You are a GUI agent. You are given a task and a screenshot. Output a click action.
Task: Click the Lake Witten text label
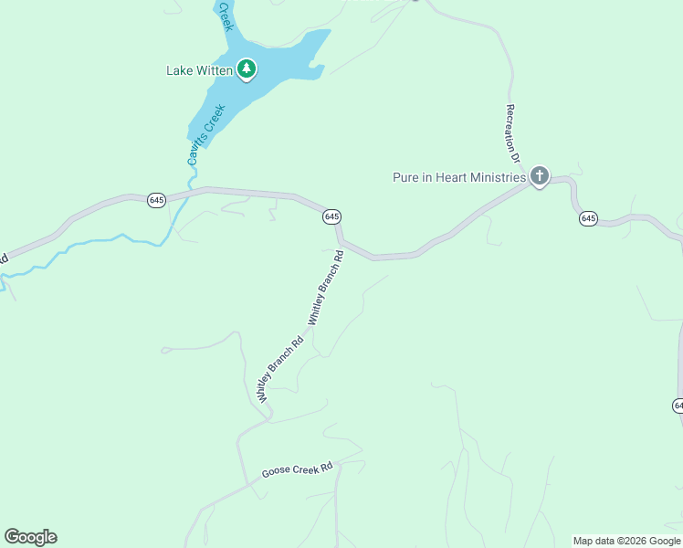tap(199, 70)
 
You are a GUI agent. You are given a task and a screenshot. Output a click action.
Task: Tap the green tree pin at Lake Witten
tap(247, 68)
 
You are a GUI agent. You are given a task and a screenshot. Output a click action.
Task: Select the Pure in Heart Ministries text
tap(459, 177)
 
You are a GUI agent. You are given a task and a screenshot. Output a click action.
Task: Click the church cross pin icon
tap(540, 175)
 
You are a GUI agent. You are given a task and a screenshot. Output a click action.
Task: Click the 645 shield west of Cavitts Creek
tap(156, 200)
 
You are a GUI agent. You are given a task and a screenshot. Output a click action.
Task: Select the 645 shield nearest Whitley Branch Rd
tap(332, 216)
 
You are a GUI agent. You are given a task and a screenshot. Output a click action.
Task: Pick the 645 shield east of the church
tap(588, 218)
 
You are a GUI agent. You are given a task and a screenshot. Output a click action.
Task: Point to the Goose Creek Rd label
tap(298, 470)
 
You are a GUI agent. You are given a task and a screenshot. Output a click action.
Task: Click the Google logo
tap(30, 537)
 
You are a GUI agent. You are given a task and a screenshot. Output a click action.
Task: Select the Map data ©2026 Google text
tap(626, 541)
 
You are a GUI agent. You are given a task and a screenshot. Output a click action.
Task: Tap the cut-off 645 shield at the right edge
tap(678, 405)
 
